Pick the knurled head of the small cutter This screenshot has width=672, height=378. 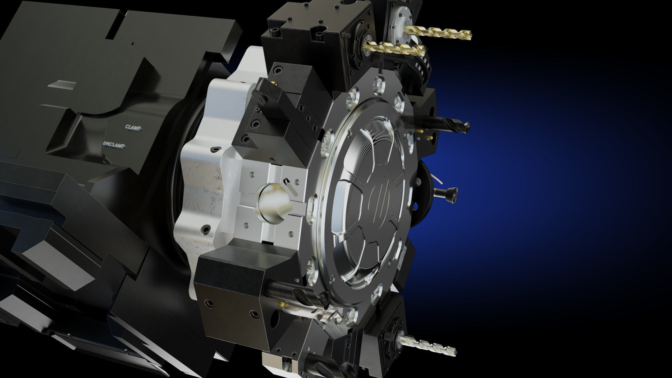point(451,194)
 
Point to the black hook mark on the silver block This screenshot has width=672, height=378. point(287,181)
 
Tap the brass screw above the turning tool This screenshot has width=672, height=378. point(275,84)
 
